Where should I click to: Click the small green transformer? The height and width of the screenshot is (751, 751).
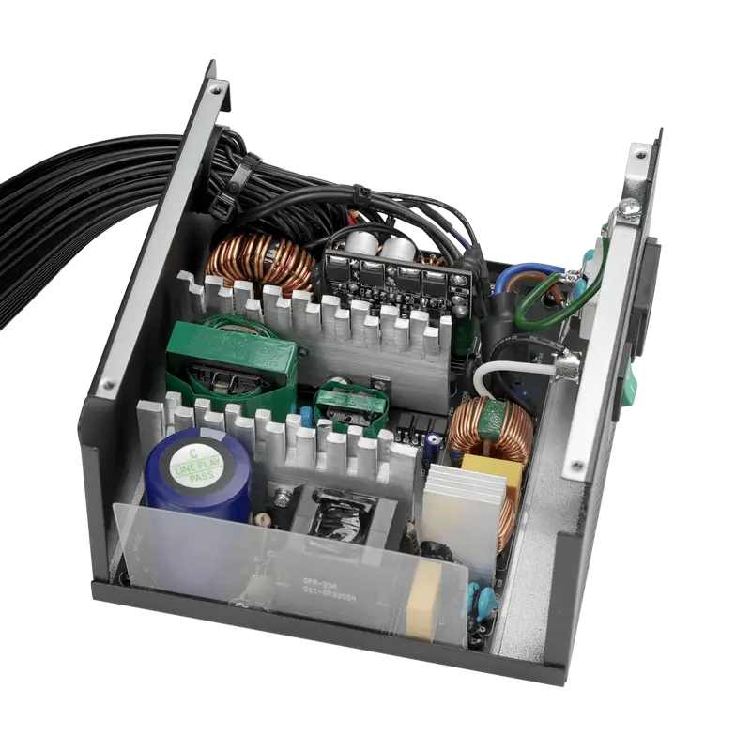click(x=350, y=406)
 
